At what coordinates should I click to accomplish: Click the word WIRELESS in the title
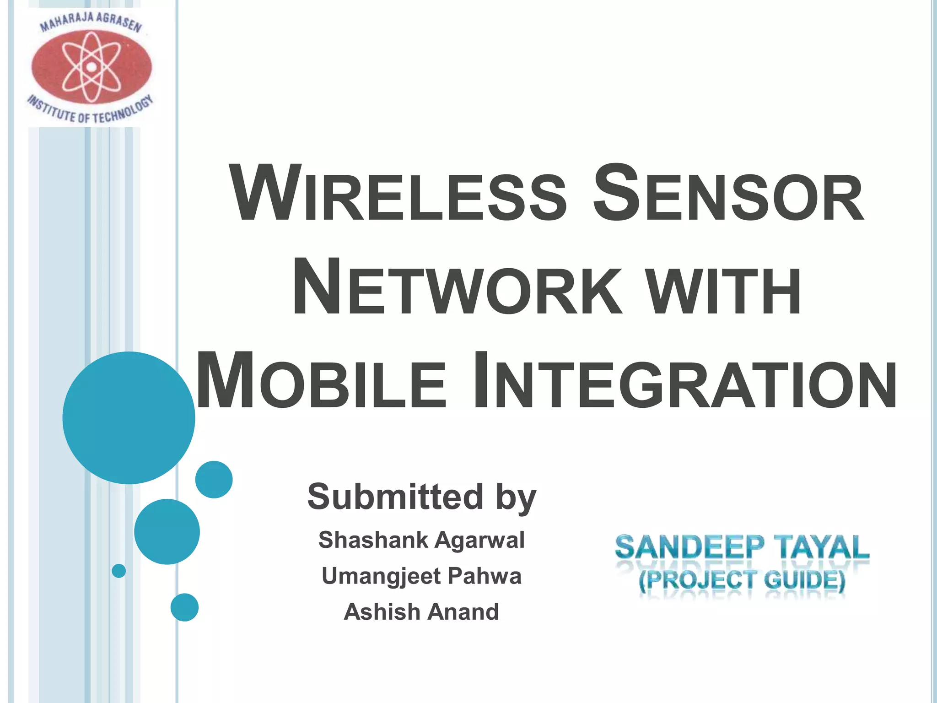point(398,195)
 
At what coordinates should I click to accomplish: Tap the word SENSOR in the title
point(727,195)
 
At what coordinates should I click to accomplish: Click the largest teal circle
point(129,417)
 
